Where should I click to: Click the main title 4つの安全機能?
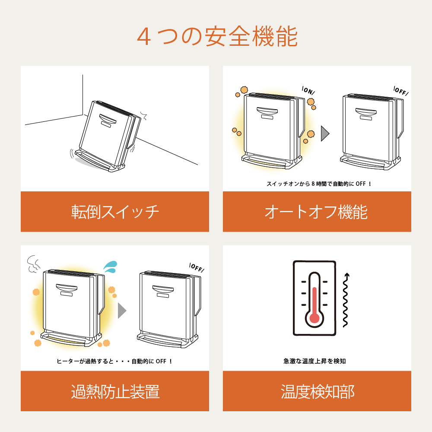[217, 37]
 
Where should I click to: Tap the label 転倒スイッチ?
[115, 212]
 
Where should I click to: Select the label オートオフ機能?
[316, 212]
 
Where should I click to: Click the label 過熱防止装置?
[115, 392]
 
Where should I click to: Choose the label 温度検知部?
[317, 392]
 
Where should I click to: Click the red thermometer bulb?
[314, 318]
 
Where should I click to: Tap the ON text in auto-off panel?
[308, 91]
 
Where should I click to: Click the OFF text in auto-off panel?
[401, 91]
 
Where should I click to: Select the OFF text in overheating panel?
[197, 268]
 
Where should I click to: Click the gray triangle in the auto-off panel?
[325, 134]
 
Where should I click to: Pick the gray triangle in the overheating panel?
[122, 310]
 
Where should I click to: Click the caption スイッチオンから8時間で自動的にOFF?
[319, 184]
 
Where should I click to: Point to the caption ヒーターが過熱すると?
[115, 361]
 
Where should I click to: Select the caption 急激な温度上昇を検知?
[314, 361]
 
